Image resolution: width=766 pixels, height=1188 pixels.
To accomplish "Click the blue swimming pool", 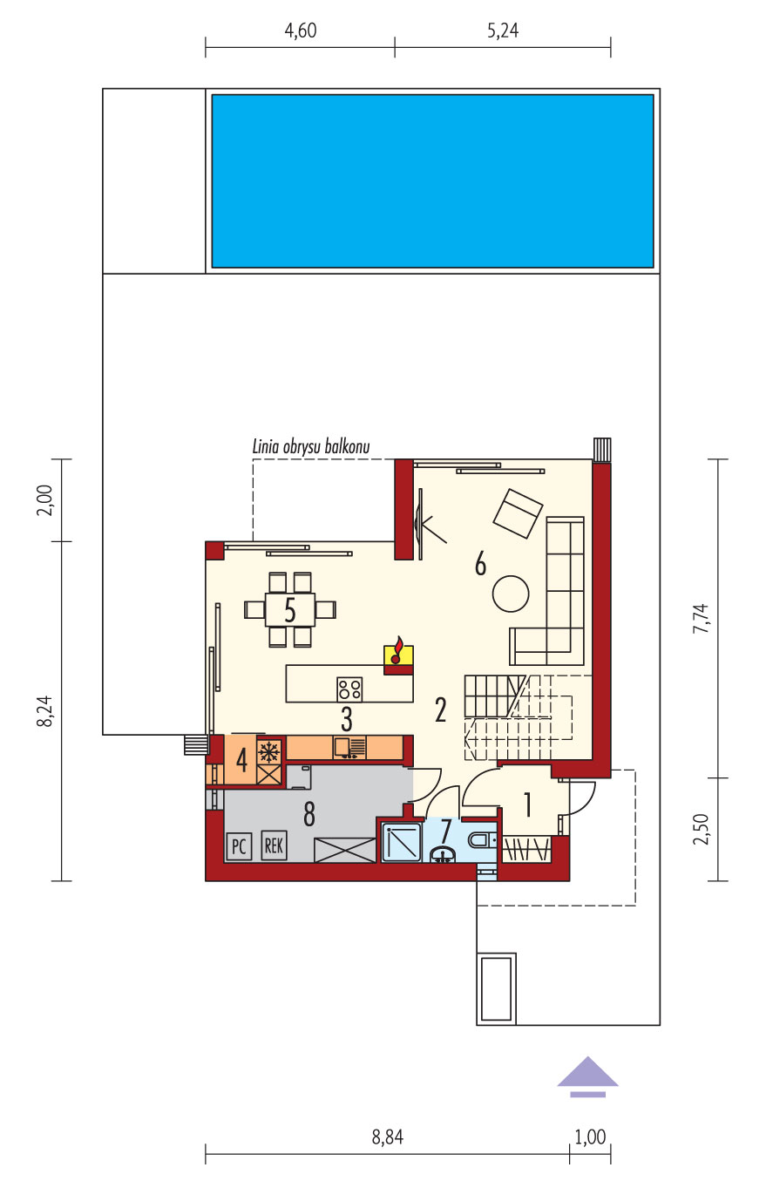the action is pyautogui.click(x=432, y=180).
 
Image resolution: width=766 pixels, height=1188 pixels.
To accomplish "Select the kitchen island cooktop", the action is pyautogui.click(x=349, y=689).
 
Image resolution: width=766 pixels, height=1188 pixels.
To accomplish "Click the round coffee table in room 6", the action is pyautogui.click(x=511, y=594).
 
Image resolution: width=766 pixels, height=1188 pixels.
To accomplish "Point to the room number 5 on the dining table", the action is pyautogui.click(x=289, y=610).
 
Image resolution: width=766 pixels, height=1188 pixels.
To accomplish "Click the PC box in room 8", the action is pyautogui.click(x=239, y=846).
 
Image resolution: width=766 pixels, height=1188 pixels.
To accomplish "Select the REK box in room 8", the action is pyautogui.click(x=274, y=845).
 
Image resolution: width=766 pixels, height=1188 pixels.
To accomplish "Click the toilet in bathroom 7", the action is pyautogui.click(x=482, y=840).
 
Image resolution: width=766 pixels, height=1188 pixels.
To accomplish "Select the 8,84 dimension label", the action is pyautogui.click(x=388, y=1137).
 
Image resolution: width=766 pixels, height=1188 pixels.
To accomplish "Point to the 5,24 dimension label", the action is pyautogui.click(x=503, y=31).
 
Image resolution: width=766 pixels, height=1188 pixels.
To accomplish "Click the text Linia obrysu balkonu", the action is pyautogui.click(x=310, y=446).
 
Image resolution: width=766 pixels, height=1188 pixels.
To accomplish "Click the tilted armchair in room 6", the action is pyautogui.click(x=518, y=513).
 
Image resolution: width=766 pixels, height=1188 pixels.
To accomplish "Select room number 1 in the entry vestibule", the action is pyautogui.click(x=527, y=804).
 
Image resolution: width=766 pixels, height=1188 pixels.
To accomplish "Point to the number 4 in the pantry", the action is pyautogui.click(x=241, y=761).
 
